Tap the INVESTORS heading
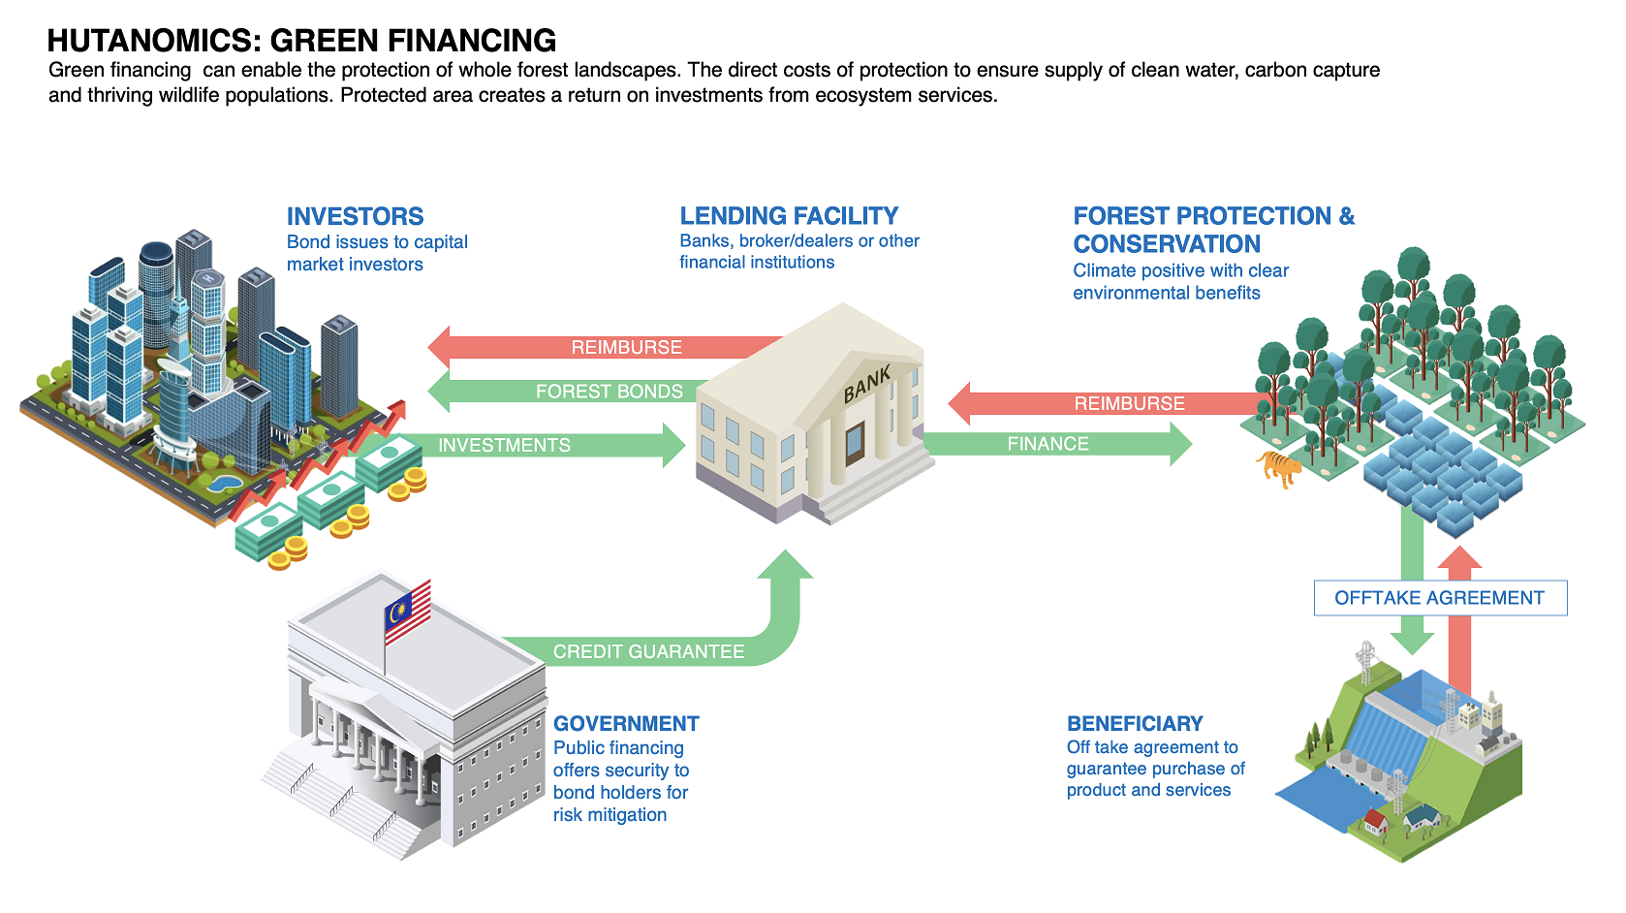[355, 216]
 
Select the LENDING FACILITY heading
[789, 215]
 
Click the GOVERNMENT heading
[626, 723]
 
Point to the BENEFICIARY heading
[1135, 723]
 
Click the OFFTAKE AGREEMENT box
[1440, 598]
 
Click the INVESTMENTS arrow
[543, 445]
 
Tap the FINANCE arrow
[1056, 444]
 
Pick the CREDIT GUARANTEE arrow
[648, 651]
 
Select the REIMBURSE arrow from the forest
[1114, 403]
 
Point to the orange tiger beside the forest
[1280, 468]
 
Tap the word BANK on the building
[867, 385]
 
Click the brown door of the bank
[855, 443]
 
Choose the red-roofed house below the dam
[1374, 824]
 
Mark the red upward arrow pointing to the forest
[1459, 620]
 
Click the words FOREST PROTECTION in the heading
[1203, 216]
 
